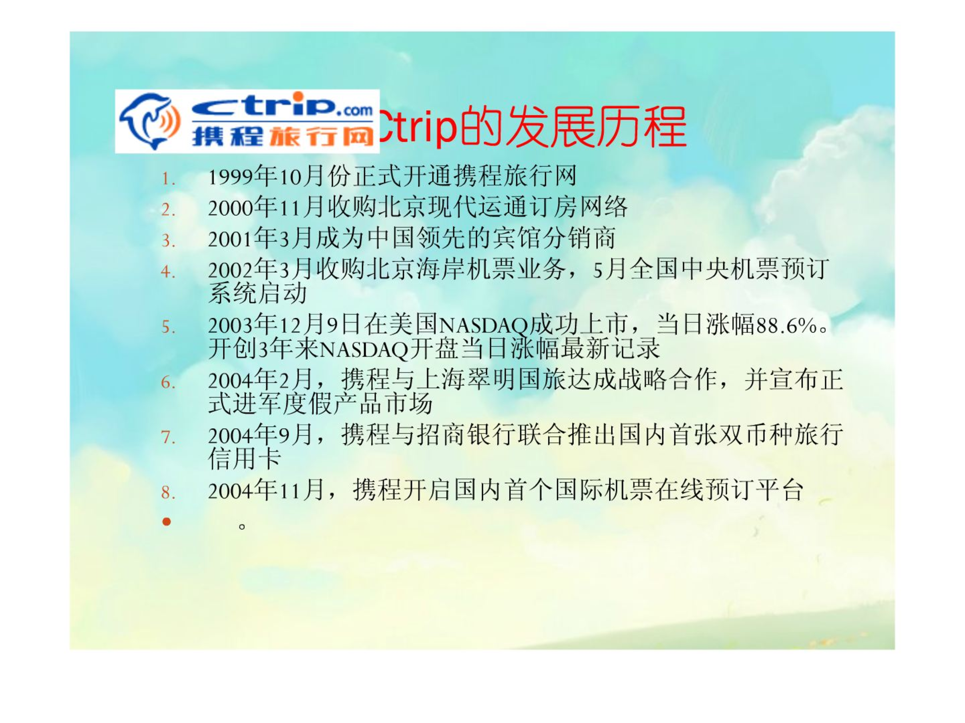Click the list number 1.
click(168, 179)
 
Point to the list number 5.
click(168, 327)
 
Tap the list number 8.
click(168, 493)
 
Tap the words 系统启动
click(257, 293)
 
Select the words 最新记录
click(610, 348)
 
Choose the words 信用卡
click(245, 458)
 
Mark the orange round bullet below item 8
click(166, 522)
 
